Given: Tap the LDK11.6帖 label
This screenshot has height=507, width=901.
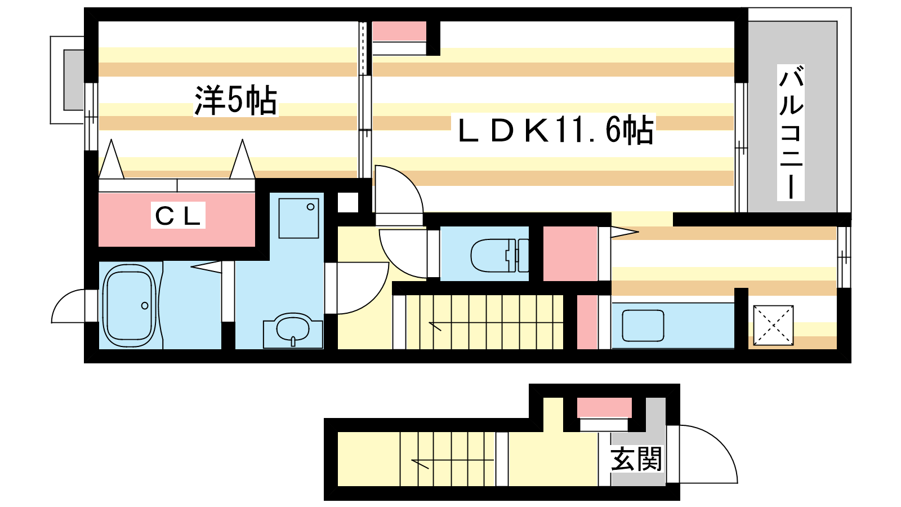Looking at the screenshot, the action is pyautogui.click(x=556, y=129).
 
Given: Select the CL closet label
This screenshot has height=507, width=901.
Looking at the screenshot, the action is pyautogui.click(x=178, y=216).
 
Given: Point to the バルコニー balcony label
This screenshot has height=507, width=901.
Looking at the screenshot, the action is pyautogui.click(x=791, y=132).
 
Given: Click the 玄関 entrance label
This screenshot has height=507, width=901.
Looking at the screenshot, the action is pyautogui.click(x=636, y=459).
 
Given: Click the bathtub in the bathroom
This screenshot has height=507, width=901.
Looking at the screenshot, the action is pyautogui.click(x=129, y=306).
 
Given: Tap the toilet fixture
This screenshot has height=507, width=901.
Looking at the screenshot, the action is pyautogui.click(x=499, y=255).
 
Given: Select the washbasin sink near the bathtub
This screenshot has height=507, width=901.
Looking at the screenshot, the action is pyautogui.click(x=293, y=330).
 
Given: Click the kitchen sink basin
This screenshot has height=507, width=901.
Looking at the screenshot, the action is pyautogui.click(x=643, y=326).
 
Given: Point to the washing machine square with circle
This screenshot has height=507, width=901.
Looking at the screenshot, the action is pyautogui.click(x=298, y=218).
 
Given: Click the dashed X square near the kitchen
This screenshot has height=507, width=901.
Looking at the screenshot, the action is pyautogui.click(x=773, y=325).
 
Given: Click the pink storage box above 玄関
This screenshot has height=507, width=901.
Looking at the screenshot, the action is pyautogui.click(x=604, y=408).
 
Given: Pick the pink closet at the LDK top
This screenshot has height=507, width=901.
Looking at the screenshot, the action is pyautogui.click(x=399, y=31).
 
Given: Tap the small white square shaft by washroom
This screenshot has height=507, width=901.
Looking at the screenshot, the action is pyautogui.click(x=347, y=202).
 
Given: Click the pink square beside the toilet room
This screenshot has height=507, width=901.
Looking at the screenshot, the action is pyautogui.click(x=570, y=254).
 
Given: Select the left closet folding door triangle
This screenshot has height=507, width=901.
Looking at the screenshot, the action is pyautogui.click(x=111, y=159).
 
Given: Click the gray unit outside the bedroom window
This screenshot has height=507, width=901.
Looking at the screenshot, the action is pyautogui.click(x=74, y=80).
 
